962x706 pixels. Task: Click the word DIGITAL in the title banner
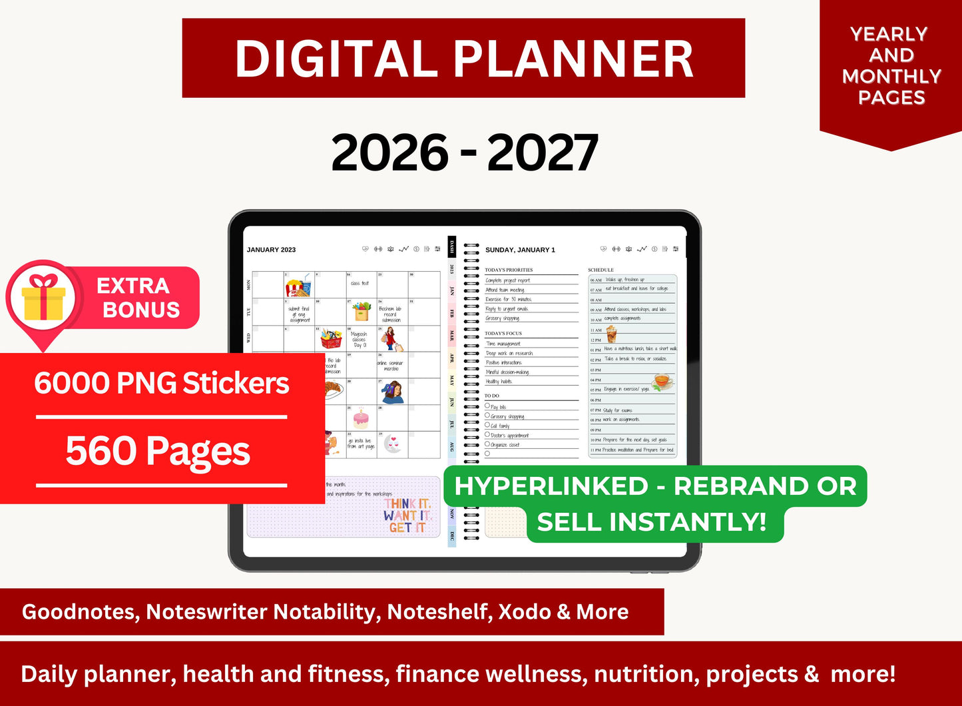[x=336, y=59]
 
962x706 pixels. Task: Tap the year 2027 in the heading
[x=543, y=153]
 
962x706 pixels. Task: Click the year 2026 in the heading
[x=390, y=153]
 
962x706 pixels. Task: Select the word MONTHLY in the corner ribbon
[x=891, y=76]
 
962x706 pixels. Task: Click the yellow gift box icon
[x=43, y=298]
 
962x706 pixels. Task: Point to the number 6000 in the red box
[x=72, y=384]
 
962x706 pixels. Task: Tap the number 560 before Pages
[x=103, y=451]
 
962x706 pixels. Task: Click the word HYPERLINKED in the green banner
[x=551, y=486]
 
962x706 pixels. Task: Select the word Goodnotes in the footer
[x=81, y=611]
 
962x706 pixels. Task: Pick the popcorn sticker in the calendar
[x=298, y=286]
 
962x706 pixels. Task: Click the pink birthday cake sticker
[x=360, y=418]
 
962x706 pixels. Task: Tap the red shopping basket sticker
[x=331, y=339]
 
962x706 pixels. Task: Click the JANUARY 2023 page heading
[x=271, y=250]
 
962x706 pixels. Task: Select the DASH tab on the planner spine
[x=451, y=246]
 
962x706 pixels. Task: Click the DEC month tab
[x=452, y=535]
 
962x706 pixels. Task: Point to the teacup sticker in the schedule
[x=662, y=381]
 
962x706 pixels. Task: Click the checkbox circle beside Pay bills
[x=487, y=406]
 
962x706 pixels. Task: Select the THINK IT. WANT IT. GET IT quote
[x=406, y=516]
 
